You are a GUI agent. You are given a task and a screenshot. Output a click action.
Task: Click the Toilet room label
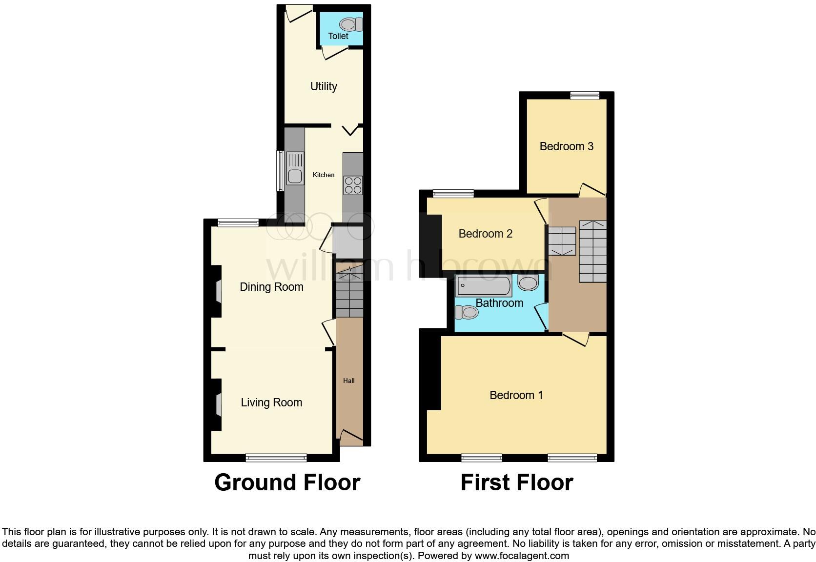338,36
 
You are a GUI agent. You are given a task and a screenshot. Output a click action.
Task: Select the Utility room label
324,86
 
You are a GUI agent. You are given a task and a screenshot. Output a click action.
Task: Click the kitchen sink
295,168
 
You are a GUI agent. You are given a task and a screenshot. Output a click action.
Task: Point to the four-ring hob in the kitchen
353,185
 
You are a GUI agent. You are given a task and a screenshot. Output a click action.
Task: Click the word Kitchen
324,175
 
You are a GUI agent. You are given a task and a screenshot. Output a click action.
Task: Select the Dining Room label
271,287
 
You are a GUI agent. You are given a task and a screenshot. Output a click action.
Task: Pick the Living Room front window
276,458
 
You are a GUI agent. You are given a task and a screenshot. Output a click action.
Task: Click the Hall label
348,381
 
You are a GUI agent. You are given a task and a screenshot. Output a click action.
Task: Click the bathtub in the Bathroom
483,285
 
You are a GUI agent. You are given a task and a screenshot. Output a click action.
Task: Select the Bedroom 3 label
566,146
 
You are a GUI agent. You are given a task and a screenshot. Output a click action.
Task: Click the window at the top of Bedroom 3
585,96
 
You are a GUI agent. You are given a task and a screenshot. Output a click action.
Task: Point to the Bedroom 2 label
485,234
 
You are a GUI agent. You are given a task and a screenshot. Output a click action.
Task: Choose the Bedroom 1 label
516,395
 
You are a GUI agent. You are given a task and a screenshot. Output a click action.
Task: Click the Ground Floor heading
287,482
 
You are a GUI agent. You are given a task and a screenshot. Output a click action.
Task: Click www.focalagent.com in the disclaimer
522,556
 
